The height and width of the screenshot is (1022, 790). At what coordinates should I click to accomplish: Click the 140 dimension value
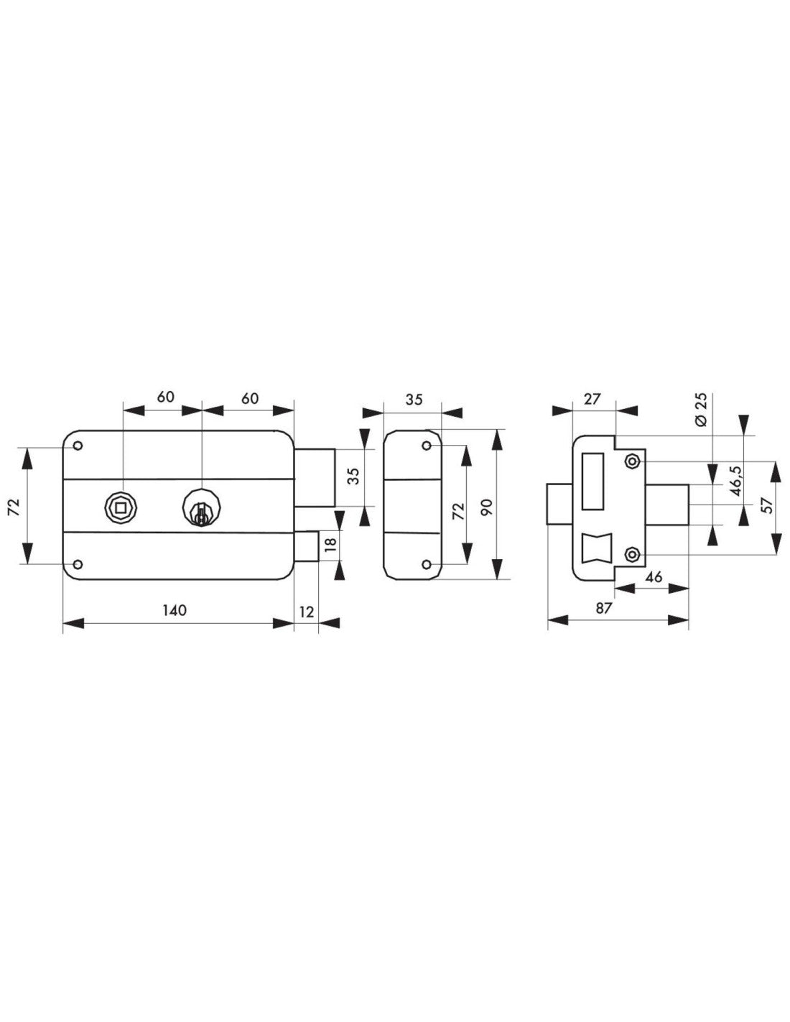click(x=175, y=610)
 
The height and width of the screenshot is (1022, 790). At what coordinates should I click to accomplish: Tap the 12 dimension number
click(x=306, y=612)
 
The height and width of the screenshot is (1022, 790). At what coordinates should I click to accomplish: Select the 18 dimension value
click(x=331, y=543)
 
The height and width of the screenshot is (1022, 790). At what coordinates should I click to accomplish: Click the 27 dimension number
click(x=592, y=399)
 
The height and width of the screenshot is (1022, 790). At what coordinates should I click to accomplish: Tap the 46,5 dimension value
click(x=736, y=480)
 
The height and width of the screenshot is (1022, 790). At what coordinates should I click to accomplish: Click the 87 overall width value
click(x=605, y=608)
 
